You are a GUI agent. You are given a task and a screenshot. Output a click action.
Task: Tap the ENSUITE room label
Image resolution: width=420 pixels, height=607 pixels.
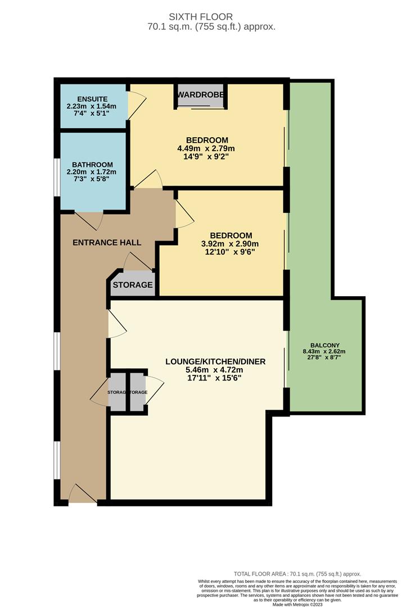click(x=78, y=98)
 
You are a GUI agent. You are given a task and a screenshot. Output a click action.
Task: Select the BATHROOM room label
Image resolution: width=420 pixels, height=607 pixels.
click(x=92, y=165)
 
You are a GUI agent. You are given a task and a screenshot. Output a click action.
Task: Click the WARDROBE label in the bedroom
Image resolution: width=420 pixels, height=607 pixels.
click(x=201, y=94)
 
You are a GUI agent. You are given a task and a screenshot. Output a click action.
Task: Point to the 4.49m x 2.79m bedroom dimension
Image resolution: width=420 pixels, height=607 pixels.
click(x=207, y=149)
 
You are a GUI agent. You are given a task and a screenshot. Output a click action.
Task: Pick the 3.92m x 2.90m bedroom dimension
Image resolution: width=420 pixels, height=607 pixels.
click(x=231, y=244)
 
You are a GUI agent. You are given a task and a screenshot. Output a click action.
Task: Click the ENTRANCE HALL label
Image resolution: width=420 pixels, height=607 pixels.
click(x=107, y=242)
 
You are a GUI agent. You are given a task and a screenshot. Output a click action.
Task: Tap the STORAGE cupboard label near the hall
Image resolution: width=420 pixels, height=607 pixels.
click(x=133, y=285)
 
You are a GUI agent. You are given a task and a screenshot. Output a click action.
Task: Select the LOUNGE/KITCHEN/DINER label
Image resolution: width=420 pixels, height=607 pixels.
click(x=215, y=361)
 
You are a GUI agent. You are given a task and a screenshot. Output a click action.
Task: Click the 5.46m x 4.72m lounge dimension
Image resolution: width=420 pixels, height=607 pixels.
click(x=215, y=370)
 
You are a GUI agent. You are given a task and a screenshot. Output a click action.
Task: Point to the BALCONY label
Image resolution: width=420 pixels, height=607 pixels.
click(x=325, y=346)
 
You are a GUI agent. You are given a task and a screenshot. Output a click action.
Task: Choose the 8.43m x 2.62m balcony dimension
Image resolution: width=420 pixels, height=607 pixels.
click(x=325, y=352)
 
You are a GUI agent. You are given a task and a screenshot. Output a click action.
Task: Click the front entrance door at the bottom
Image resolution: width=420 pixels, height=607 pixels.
click(x=83, y=495)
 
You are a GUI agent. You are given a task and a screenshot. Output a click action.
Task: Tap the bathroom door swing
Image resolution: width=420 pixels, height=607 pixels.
click(x=90, y=220)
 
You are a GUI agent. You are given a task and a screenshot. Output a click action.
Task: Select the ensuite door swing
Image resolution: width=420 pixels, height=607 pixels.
click(x=137, y=103)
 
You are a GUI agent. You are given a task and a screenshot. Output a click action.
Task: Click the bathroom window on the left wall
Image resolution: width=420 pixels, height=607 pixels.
click(x=56, y=176)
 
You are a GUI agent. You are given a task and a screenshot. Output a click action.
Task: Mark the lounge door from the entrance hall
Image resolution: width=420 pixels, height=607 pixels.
click(x=116, y=324)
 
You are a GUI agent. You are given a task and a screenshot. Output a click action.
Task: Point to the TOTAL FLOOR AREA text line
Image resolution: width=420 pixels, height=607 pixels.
click(x=297, y=574)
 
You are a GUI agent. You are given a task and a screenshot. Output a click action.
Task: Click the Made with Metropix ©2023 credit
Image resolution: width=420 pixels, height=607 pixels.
click(x=297, y=604)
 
